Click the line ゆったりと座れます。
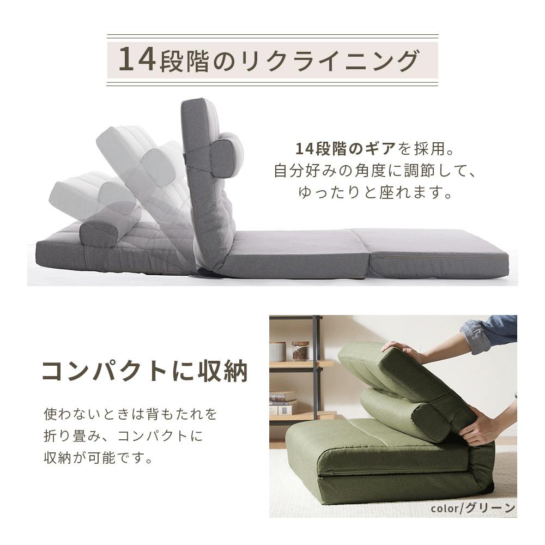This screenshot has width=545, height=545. point(376,192)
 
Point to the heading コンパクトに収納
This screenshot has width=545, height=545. point(145,371)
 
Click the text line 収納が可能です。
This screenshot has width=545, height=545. point(98,458)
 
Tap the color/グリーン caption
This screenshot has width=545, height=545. point(473,508)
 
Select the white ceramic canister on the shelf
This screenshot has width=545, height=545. point(278,352)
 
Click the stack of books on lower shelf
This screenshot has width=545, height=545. point(283,403)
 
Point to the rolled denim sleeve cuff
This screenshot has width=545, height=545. point(475,334)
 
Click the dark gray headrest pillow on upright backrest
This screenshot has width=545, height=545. point(223,157)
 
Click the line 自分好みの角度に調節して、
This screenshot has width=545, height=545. point(375,171)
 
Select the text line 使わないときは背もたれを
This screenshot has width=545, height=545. point(130,414)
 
